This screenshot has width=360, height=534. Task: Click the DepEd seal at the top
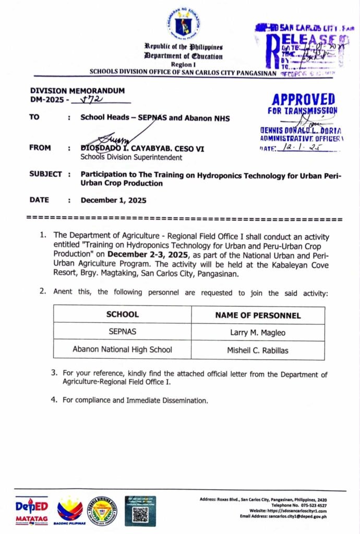tap(183, 23)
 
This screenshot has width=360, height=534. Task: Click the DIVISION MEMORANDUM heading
tap(77, 90)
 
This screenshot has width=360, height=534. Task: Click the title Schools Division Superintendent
tap(131, 157)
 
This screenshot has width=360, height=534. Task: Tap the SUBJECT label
tap(45, 174)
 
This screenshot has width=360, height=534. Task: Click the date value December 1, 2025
tap(113, 200)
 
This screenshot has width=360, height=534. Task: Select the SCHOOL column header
tap(122, 314)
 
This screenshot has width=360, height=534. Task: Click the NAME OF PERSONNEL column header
tap(258, 315)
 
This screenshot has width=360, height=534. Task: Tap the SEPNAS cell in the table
tap(122, 331)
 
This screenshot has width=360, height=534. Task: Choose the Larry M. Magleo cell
tap(258, 332)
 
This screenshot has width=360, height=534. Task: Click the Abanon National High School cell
tap(122, 349)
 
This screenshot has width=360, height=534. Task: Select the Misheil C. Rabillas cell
tap(258, 349)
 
